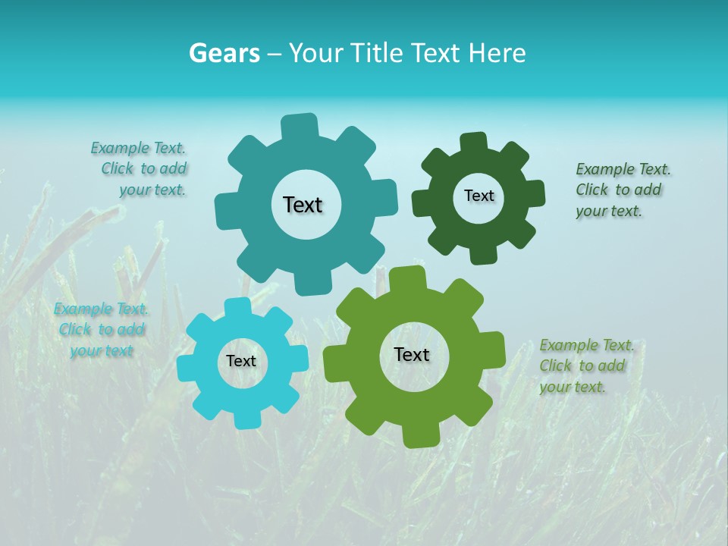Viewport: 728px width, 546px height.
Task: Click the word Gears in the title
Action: click(x=224, y=53)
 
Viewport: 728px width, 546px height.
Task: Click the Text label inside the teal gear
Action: click(x=303, y=205)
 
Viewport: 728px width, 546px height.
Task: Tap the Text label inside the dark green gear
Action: click(x=479, y=196)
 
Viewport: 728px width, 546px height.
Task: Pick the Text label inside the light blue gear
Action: click(x=241, y=361)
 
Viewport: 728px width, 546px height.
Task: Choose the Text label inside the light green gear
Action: click(x=412, y=354)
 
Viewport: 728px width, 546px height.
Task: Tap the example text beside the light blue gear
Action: click(x=101, y=330)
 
